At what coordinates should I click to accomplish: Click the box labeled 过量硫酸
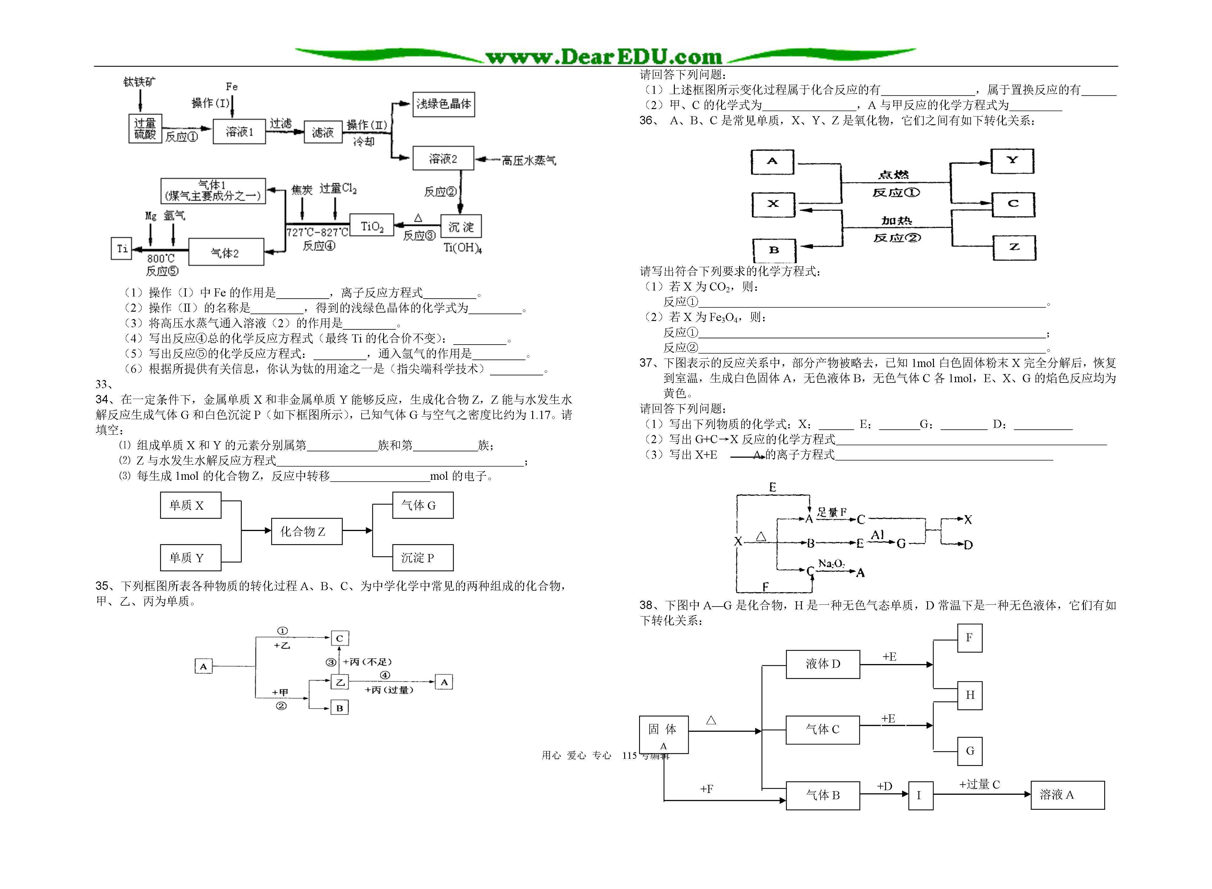point(145,129)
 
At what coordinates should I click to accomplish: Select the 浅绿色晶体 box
point(444,104)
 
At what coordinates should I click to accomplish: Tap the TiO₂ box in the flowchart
point(372,226)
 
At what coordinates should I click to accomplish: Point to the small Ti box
point(121,249)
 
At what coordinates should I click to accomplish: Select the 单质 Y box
point(190,557)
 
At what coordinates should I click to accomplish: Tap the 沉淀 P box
point(423,557)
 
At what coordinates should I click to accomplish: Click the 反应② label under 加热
point(897,237)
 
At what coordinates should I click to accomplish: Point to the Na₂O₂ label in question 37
point(831,563)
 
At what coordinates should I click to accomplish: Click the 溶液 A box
point(1067,795)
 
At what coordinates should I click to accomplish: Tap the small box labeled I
point(921,795)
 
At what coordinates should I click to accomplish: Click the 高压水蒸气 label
point(528,160)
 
